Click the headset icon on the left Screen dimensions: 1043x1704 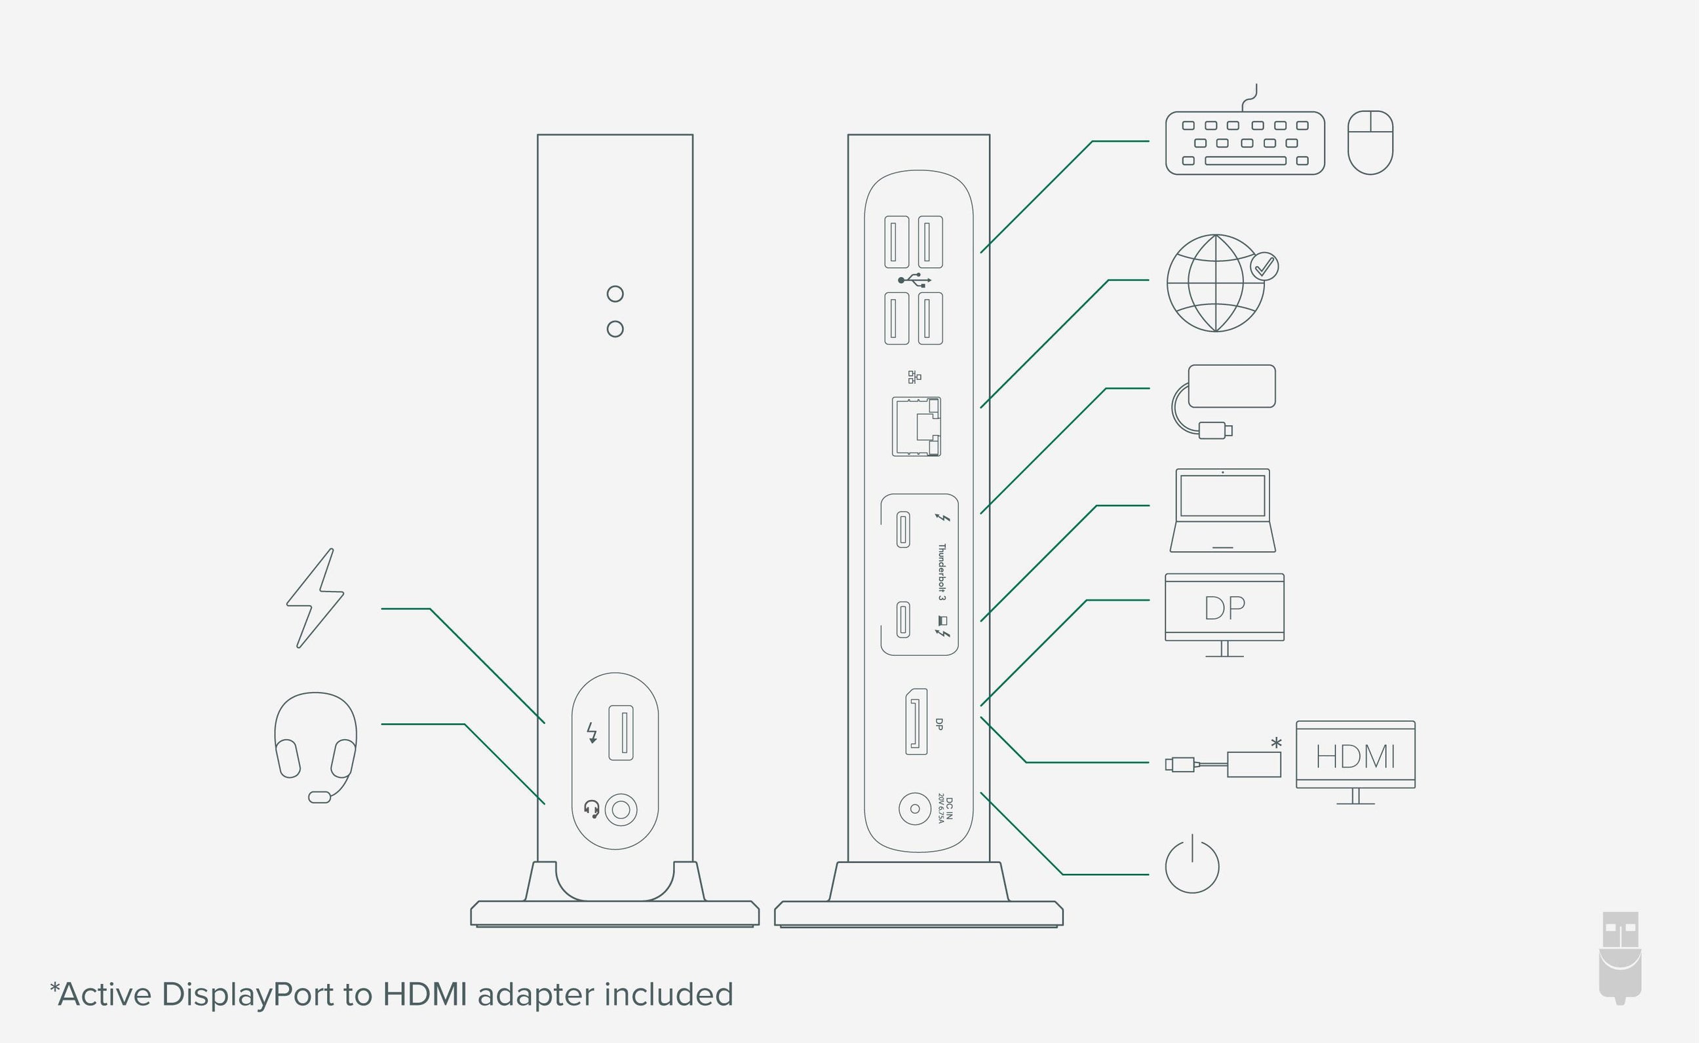click(x=316, y=746)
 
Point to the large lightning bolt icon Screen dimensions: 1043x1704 click(x=316, y=599)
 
